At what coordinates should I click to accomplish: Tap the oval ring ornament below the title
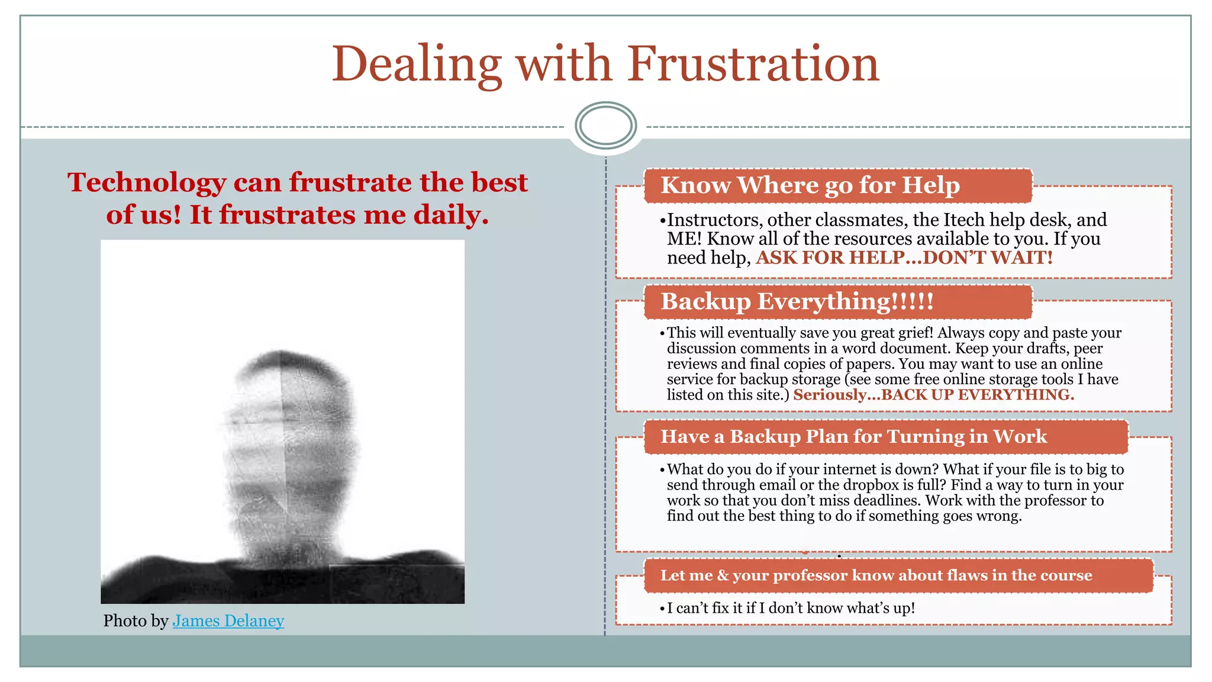(605, 126)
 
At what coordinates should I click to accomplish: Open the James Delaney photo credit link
(228, 620)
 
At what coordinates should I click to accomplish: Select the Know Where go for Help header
(810, 185)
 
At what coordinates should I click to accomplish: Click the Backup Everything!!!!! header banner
(797, 301)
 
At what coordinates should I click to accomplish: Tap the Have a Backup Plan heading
(853, 436)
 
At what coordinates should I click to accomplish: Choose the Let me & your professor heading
(875, 575)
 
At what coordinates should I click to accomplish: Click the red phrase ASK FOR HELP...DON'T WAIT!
(904, 258)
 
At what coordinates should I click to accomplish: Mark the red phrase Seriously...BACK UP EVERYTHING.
(933, 395)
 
